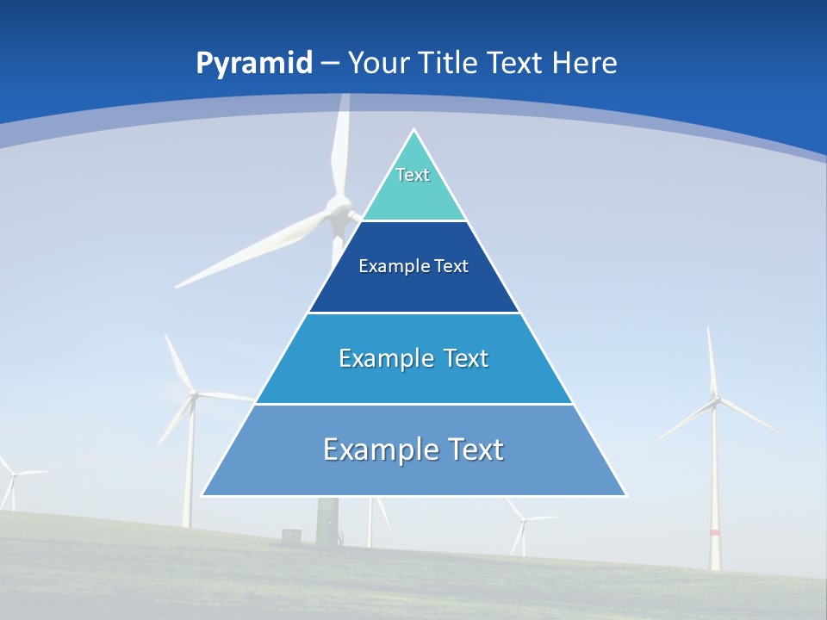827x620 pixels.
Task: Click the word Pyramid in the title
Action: (x=253, y=64)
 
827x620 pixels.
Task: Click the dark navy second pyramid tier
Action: (x=413, y=267)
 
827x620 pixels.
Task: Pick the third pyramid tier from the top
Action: (x=413, y=358)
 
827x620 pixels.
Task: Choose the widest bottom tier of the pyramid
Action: (x=413, y=450)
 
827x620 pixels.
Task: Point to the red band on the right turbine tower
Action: (x=714, y=532)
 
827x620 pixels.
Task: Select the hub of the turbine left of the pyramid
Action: (x=193, y=394)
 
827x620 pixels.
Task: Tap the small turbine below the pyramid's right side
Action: (x=520, y=518)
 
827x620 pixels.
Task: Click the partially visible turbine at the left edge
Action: (x=11, y=474)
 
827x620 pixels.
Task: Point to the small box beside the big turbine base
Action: (x=292, y=536)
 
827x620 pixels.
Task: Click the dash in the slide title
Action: (x=329, y=64)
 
